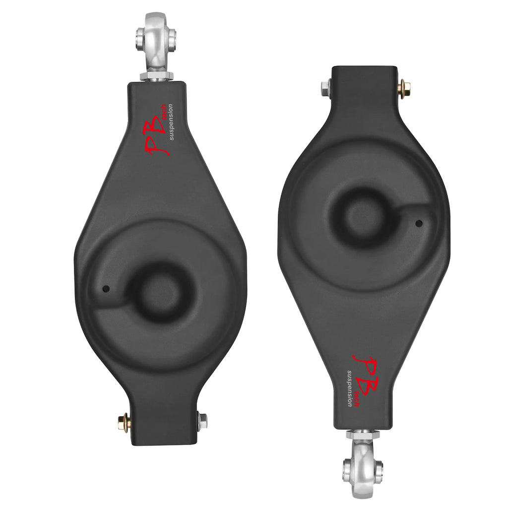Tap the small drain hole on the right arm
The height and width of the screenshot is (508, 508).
coord(419,223)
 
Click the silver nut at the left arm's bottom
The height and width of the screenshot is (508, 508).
coord(202,421)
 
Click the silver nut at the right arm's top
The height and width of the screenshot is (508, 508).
coord(325,86)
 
